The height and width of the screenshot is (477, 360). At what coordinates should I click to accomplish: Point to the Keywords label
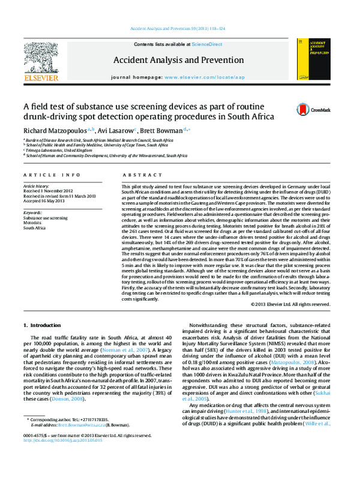pos(32,213)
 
